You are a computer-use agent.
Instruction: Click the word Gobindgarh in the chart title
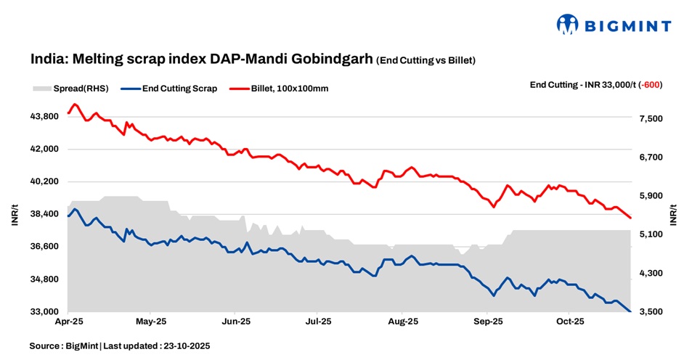pos(338,60)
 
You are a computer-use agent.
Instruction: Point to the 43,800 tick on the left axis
pos(45,116)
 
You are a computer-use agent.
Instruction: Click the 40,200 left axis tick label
pos(45,181)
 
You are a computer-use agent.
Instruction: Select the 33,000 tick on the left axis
pos(45,312)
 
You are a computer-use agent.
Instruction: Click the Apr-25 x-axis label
pos(68,320)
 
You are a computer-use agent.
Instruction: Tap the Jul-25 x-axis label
pos(319,320)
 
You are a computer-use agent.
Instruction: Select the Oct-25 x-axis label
pos(569,320)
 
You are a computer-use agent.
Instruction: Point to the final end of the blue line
pos(631,311)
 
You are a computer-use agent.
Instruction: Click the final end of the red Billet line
pos(631,218)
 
